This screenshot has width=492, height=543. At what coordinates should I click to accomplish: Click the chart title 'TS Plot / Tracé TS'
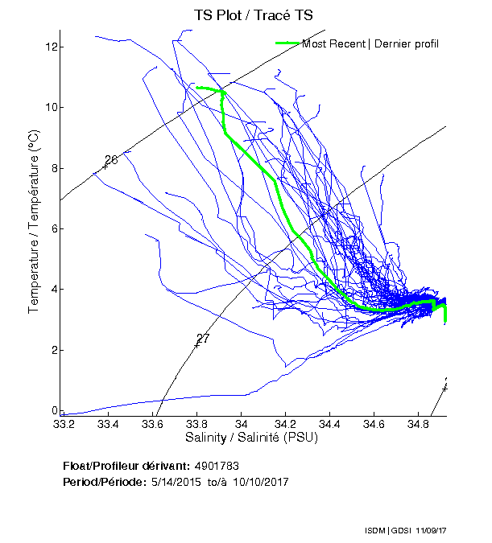[x=253, y=15]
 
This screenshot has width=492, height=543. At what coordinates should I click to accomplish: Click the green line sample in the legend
[x=287, y=43]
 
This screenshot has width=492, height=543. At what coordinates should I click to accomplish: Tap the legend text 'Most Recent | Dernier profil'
[x=370, y=43]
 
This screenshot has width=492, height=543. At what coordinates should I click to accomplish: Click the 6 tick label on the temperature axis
[x=52, y=228]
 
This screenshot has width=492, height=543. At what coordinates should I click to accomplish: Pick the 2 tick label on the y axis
[x=52, y=350]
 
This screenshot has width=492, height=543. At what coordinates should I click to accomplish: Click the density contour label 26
[x=111, y=160]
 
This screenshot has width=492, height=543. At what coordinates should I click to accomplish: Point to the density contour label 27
[x=203, y=339]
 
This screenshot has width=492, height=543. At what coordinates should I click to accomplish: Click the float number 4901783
[x=217, y=466]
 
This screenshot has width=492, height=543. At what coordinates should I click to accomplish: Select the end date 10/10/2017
[x=260, y=482]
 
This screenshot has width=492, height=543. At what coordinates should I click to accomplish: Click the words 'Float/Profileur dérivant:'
[x=126, y=466]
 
